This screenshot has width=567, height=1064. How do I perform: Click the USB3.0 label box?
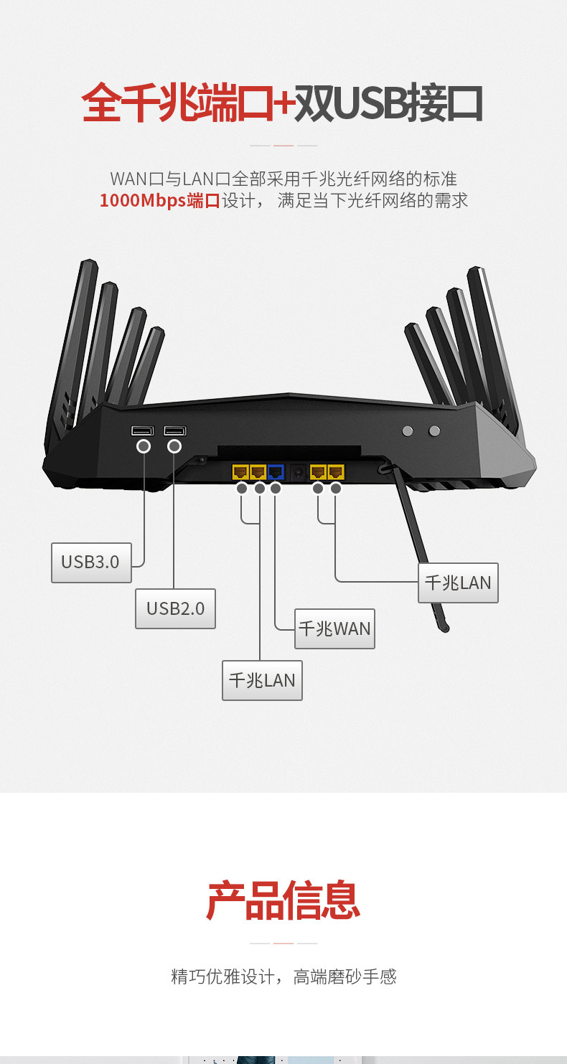[91, 562]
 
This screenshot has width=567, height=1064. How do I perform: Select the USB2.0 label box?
[175, 608]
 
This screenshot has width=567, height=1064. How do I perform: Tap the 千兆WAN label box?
[334, 629]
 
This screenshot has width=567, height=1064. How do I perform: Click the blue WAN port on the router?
[276, 472]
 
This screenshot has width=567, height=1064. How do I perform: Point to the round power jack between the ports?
[298, 472]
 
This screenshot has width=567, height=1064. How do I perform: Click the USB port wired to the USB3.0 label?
[143, 430]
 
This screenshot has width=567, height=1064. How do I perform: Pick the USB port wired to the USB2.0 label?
[175, 430]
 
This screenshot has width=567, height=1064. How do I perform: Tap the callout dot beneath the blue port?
[276, 488]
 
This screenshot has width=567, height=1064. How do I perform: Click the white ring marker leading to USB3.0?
[144, 446]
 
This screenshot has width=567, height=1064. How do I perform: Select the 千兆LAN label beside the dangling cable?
[458, 583]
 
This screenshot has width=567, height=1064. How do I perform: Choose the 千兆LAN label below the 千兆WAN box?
[263, 680]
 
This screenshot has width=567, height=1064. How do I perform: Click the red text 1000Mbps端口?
[159, 200]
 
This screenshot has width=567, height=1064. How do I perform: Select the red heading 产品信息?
[283, 900]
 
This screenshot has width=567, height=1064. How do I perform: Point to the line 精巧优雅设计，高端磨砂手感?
[283, 977]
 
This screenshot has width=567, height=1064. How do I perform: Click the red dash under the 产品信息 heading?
[283, 943]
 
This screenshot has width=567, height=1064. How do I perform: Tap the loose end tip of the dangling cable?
[445, 629]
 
